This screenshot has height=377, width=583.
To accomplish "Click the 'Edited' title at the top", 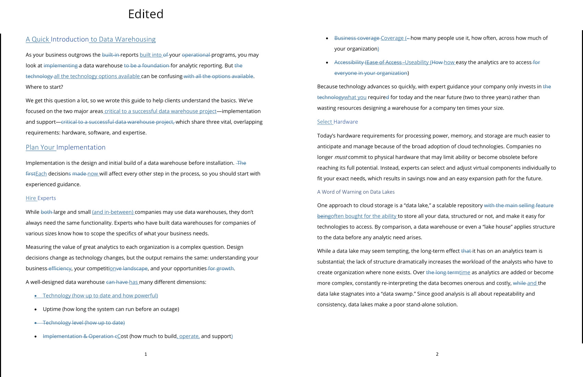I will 146,14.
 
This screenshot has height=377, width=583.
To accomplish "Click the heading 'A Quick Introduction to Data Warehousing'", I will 91,39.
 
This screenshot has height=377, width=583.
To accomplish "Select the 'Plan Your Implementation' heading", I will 66,147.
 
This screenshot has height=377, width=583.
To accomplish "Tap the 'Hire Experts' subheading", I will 41,198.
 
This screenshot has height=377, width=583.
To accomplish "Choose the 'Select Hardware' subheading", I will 337,122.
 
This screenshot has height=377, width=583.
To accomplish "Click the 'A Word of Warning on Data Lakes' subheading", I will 356,192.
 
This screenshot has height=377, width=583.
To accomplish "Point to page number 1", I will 146,354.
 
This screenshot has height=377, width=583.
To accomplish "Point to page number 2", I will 437,354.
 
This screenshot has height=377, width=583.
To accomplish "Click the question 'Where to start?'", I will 44,87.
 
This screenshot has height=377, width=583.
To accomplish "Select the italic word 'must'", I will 340,157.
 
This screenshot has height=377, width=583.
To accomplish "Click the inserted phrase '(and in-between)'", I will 113,212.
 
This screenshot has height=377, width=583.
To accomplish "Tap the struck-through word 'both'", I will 46,212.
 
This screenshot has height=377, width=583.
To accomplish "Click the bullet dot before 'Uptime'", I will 36,309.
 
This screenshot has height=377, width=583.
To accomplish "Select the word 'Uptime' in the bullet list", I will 52,309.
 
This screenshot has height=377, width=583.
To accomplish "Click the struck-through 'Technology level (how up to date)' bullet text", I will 84,323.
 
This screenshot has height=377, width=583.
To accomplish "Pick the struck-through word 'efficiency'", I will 60,268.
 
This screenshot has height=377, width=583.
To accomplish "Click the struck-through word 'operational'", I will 195,55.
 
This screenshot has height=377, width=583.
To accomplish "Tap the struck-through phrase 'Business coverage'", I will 357,38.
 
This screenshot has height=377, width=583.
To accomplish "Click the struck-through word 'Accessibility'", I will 349,62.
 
